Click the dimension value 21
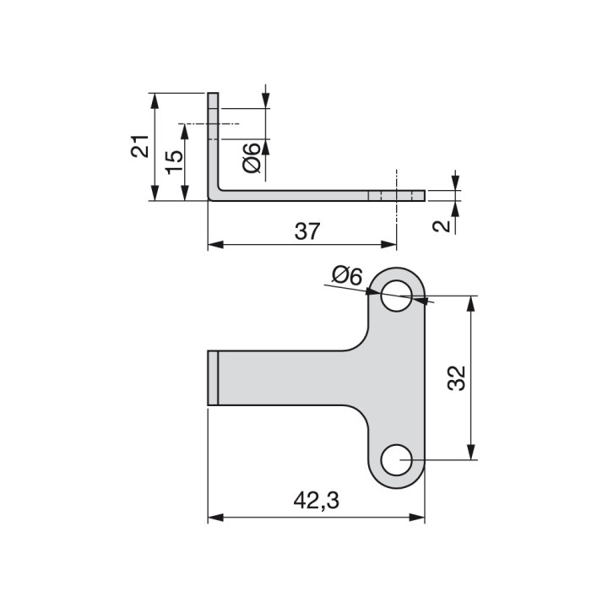[140, 147]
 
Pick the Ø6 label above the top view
[346, 275]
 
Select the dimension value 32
[457, 378]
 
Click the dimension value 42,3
[316, 502]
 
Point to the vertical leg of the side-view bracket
[213, 144]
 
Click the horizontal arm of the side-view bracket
[312, 196]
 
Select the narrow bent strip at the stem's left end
[214, 378]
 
